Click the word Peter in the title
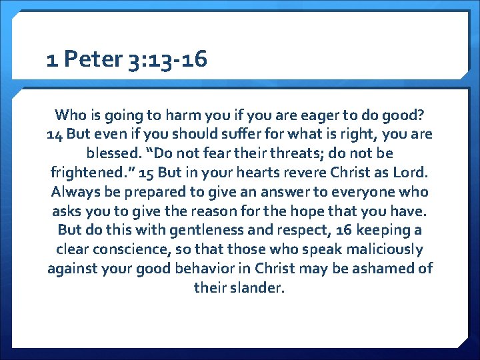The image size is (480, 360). (94, 61)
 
